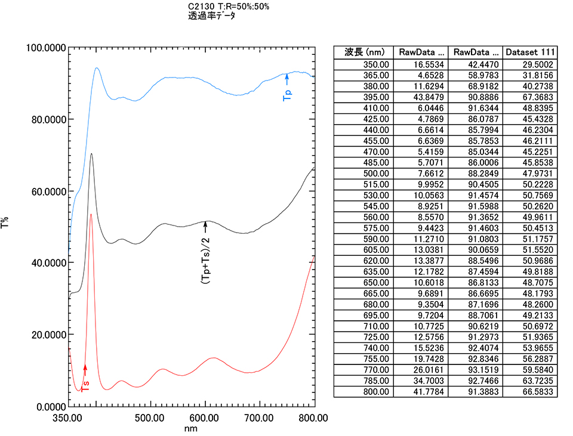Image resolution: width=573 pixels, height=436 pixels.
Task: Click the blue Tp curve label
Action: [x=287, y=92]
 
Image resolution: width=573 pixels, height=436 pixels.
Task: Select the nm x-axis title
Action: [x=191, y=428]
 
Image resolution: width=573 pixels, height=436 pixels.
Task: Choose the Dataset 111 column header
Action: [x=530, y=52]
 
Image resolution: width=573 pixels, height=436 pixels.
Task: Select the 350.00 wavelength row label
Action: [x=375, y=64]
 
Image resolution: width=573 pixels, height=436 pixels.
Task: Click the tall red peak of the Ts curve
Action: [x=91, y=215]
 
